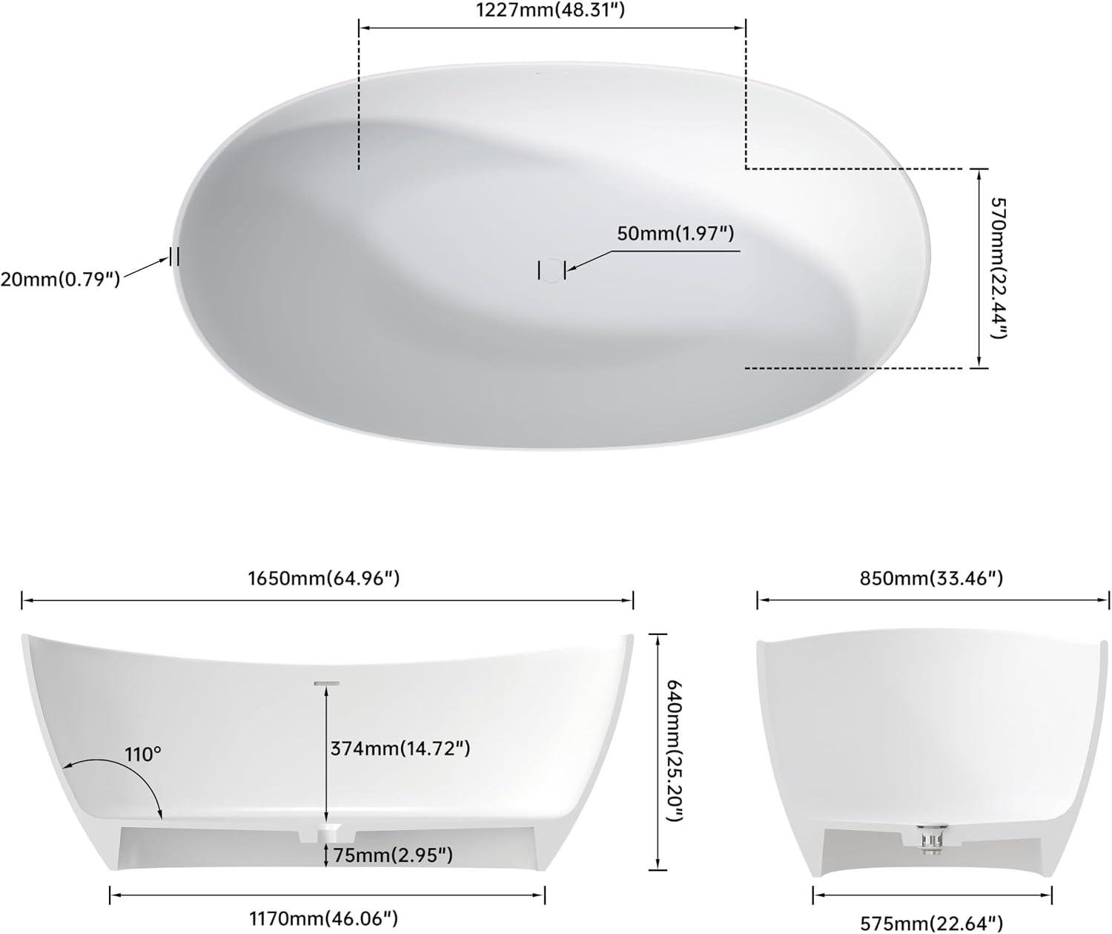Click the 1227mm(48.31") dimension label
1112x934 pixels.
click(x=550, y=10)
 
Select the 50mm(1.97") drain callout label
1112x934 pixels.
click(x=675, y=233)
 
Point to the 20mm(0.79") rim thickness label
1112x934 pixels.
click(x=60, y=279)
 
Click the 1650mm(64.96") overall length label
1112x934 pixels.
click(x=324, y=578)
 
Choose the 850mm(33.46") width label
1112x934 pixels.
click(x=931, y=578)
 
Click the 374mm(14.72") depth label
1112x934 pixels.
click(x=400, y=749)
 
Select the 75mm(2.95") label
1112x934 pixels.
click(x=393, y=855)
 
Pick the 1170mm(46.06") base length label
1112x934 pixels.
click(x=324, y=918)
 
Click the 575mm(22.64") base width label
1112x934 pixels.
click(x=931, y=923)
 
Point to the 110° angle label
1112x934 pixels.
click(x=143, y=754)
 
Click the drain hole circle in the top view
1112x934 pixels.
click(x=552, y=270)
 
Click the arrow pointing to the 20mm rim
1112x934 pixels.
click(x=146, y=268)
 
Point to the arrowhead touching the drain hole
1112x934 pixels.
click(x=570, y=269)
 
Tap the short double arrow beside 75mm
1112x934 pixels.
click(x=326, y=855)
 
